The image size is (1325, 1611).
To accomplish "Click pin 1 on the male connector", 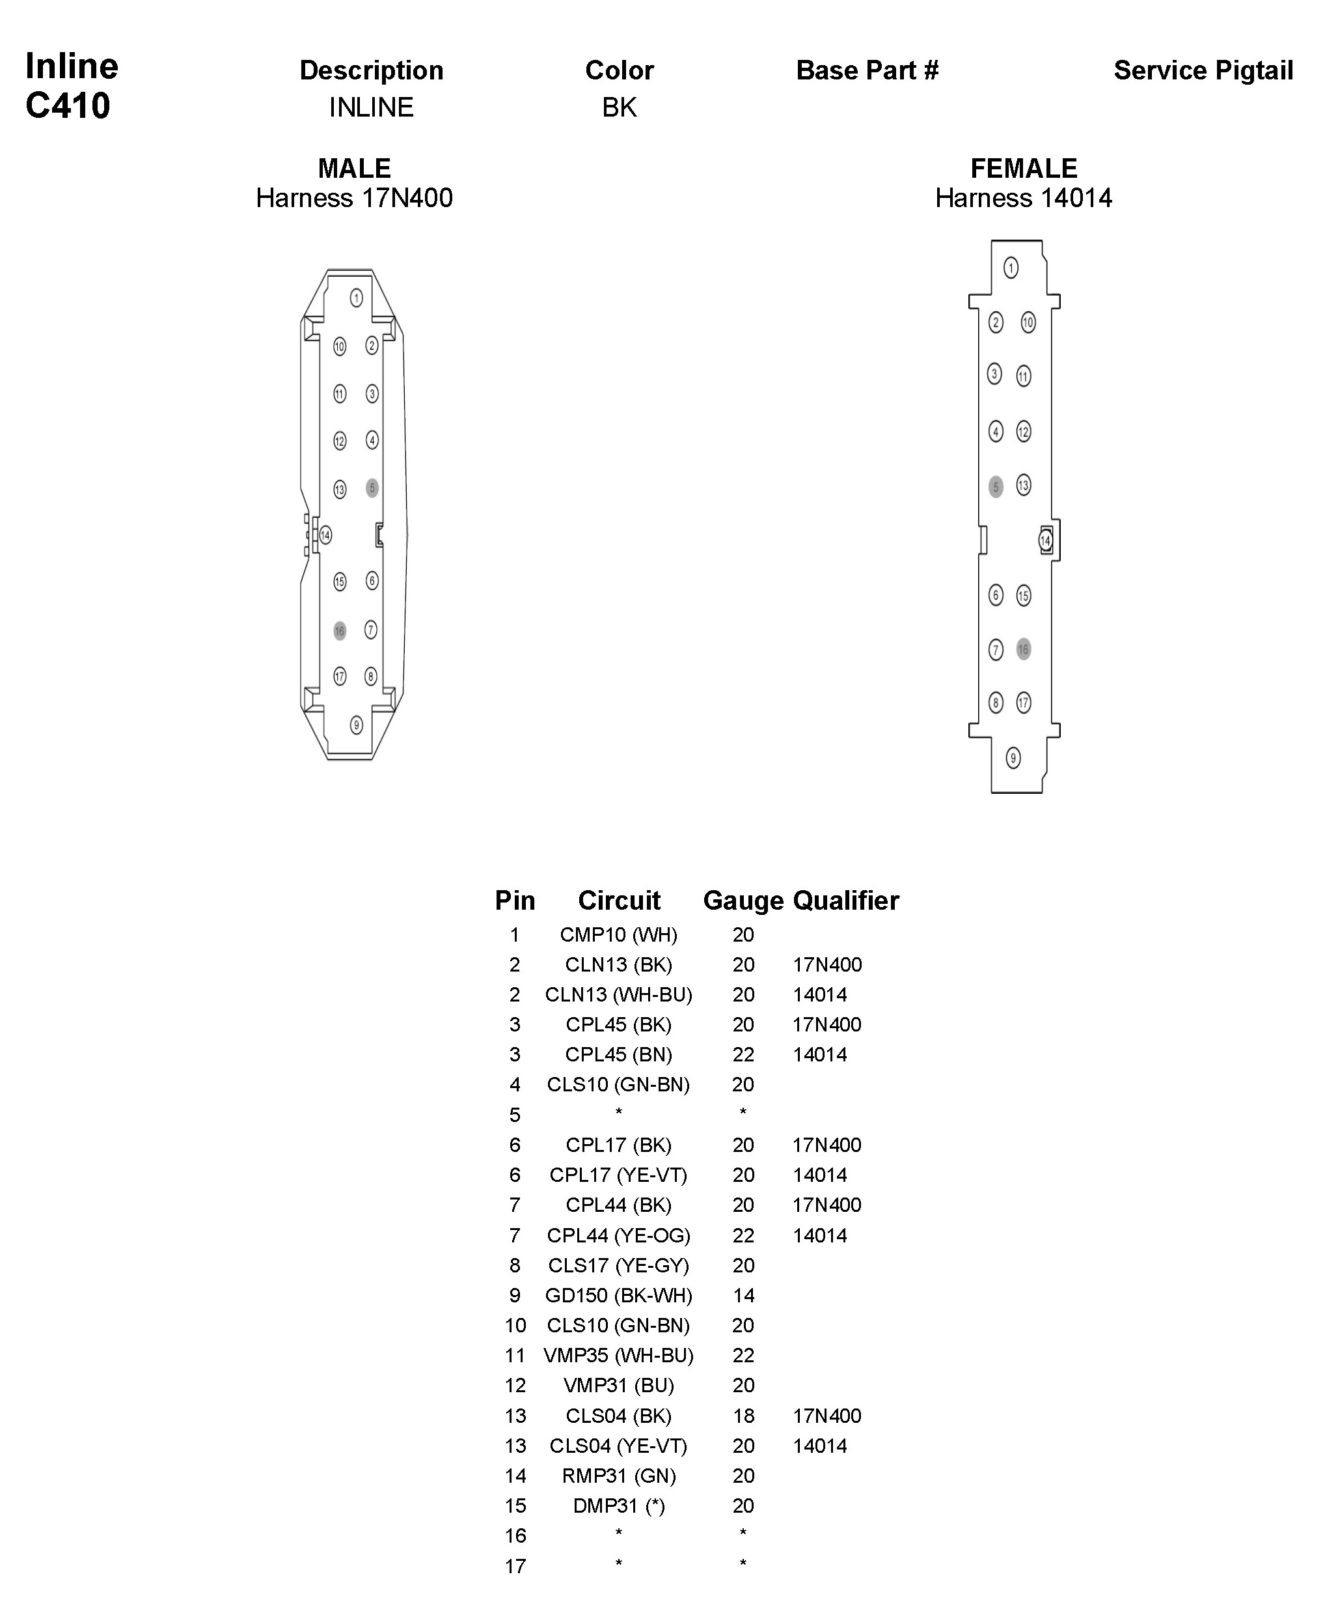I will (x=357, y=298).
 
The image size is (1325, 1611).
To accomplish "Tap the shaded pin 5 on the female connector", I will (x=995, y=486).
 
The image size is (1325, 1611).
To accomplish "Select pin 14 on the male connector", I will (x=326, y=535).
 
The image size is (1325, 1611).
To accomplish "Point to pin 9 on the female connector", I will (x=1013, y=758).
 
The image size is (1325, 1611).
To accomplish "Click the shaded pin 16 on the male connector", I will (x=340, y=630).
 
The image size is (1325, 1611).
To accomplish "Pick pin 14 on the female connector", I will (x=1046, y=540).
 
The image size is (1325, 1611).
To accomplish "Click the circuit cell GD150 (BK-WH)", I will (x=618, y=1295).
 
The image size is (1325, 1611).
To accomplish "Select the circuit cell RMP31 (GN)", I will (x=618, y=1475).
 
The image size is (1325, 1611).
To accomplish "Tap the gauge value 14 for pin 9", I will (x=743, y=1295).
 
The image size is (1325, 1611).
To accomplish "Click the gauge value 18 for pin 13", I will (x=743, y=1416).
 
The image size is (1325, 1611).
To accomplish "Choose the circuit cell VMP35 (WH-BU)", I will (x=618, y=1355).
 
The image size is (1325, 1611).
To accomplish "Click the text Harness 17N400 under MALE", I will (x=354, y=198).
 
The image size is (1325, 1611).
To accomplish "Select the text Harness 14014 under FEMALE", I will (x=1023, y=198).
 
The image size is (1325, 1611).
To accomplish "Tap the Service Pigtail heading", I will (x=1203, y=70).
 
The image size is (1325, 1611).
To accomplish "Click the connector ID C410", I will (x=68, y=105).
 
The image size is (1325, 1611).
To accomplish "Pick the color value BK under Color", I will (x=619, y=107).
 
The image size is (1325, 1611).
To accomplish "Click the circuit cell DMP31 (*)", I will (x=618, y=1506).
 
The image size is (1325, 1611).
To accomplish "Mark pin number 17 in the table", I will (x=515, y=1566).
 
